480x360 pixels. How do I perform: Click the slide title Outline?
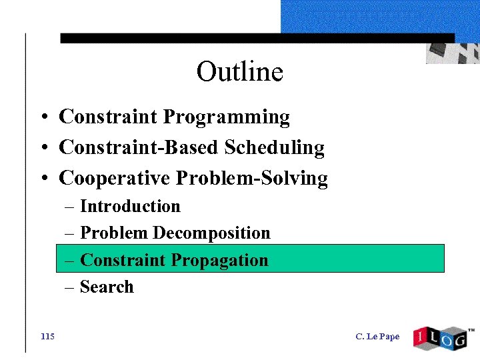click(239, 72)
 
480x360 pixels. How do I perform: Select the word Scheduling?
click(274, 148)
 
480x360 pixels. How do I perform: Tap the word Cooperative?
click(115, 179)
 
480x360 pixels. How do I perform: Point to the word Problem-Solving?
click(252, 179)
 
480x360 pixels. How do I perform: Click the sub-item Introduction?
click(130, 207)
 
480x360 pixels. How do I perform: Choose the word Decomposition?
click(211, 233)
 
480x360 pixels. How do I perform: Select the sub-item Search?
click(107, 287)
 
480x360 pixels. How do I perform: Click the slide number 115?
click(47, 337)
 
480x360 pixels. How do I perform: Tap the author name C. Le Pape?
click(377, 337)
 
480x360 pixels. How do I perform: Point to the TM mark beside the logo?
click(471, 330)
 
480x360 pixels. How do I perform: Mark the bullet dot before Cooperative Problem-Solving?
click(42, 179)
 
